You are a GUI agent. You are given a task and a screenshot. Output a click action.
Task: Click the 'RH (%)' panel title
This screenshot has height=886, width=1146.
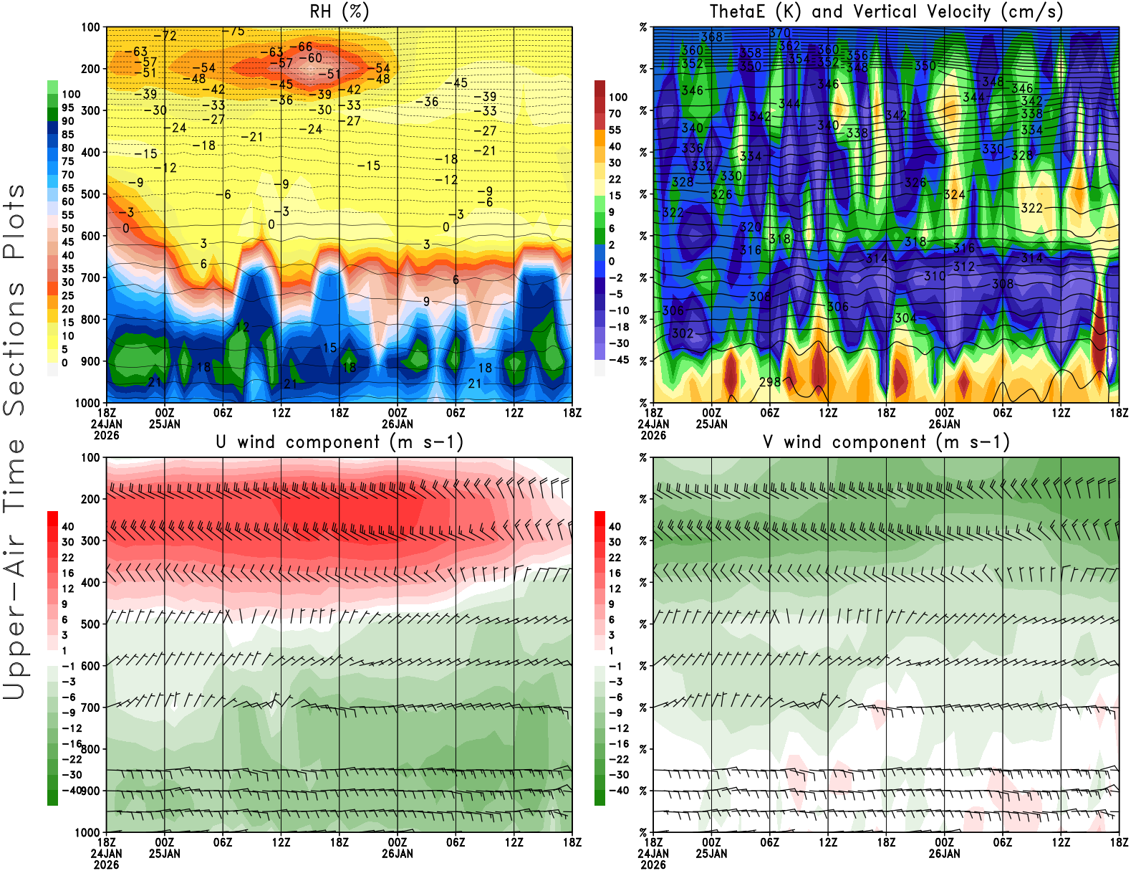(339, 11)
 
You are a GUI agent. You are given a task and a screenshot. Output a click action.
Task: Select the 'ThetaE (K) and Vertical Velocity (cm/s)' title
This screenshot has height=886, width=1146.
(886, 11)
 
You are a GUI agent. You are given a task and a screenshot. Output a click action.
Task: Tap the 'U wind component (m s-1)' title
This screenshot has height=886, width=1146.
(340, 442)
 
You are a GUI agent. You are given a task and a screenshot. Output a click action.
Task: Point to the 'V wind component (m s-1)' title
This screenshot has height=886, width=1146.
(886, 442)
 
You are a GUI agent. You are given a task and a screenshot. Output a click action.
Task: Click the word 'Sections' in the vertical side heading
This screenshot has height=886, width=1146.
(14, 348)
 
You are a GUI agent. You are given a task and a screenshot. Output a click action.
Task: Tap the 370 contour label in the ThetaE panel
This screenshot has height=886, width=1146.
(780, 33)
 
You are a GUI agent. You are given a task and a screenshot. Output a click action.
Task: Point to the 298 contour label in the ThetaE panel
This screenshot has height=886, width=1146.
(770, 382)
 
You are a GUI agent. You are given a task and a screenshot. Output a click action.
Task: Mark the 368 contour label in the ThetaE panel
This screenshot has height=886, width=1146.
(712, 37)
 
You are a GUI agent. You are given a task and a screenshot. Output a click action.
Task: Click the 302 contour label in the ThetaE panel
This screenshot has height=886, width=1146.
(683, 333)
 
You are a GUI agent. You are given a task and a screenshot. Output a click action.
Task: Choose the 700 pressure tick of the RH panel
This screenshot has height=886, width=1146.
(91, 277)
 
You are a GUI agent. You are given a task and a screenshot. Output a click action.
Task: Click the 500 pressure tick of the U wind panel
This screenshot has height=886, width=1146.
(91, 624)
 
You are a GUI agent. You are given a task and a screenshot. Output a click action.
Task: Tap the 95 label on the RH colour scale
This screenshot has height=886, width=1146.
(67, 108)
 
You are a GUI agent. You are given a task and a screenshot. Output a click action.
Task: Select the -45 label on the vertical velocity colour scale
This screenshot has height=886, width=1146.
(618, 360)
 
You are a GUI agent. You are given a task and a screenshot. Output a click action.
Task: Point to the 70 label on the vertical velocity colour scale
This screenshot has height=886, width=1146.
(615, 113)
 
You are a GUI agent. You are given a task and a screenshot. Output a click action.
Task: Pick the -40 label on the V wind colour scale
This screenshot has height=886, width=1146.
(618, 791)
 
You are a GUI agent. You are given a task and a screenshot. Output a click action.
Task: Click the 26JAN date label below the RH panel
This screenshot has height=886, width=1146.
(398, 424)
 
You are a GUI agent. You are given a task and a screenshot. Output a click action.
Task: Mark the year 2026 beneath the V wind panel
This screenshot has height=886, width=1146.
(653, 864)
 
